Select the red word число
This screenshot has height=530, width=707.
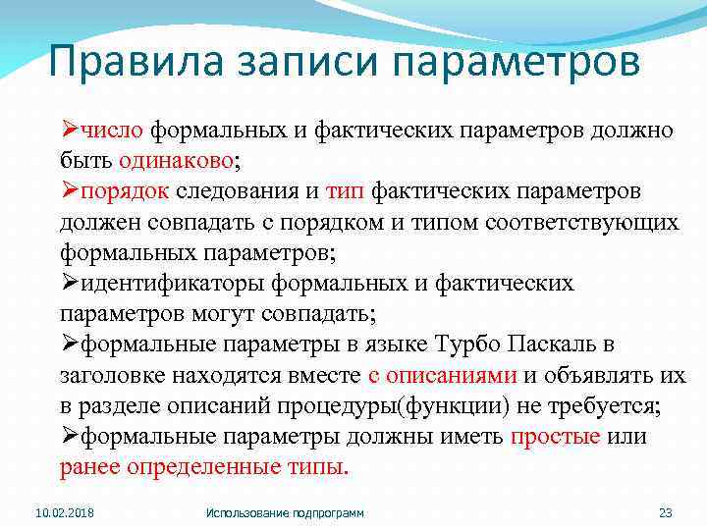click(113, 131)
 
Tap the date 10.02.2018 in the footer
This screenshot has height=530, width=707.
click(63, 512)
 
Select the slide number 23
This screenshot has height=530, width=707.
click(664, 512)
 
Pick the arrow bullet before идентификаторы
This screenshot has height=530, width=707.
click(70, 283)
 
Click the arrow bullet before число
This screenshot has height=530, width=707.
click(70, 131)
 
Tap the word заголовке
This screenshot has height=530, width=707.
click(112, 375)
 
